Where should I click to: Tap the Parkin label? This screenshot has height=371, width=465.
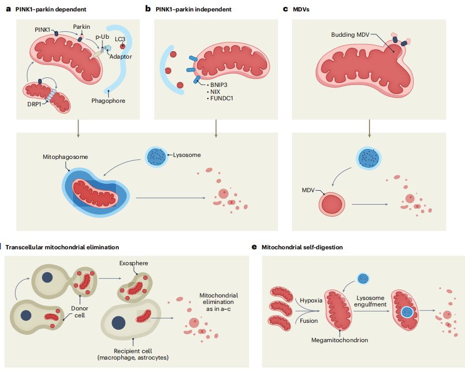click(x=82, y=26)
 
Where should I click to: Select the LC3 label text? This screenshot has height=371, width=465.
click(x=120, y=38)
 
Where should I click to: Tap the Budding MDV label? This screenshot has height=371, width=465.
click(x=351, y=35)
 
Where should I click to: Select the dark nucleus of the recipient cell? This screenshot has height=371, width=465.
click(x=118, y=322)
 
